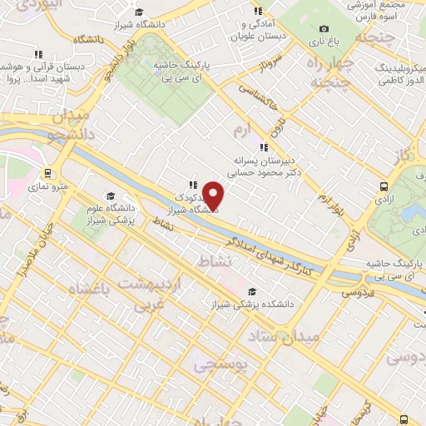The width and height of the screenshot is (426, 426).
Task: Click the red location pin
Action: pyautogui.click(x=214, y=195)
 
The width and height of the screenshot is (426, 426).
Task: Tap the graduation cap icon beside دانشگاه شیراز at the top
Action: pyautogui.click(x=138, y=12)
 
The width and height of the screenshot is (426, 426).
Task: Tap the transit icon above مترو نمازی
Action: pyautogui.click(x=49, y=174)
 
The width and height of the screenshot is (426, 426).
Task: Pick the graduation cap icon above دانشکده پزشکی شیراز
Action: pyautogui.click(x=251, y=291)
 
